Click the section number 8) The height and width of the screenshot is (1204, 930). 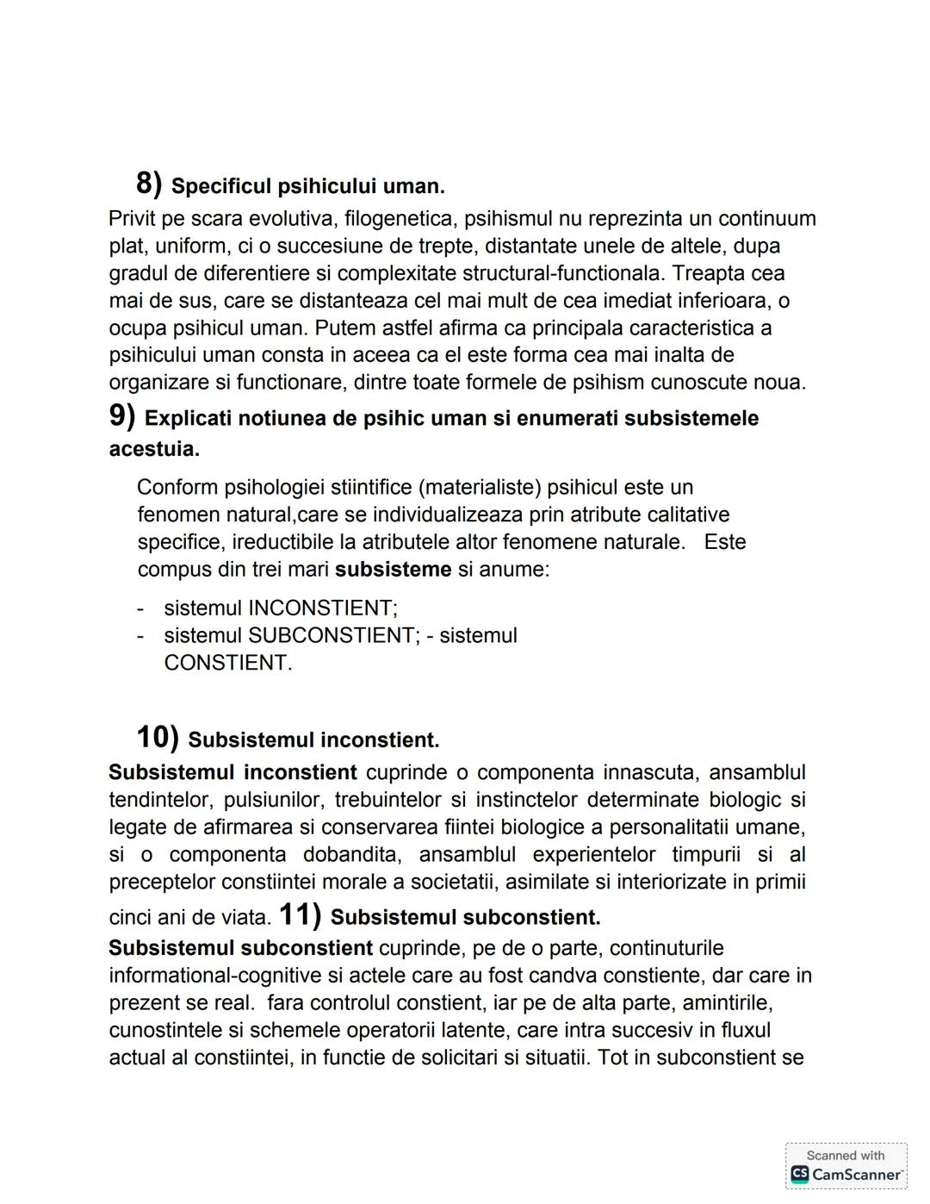149,183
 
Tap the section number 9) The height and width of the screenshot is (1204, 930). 122,416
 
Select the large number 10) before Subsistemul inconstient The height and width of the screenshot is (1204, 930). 157,738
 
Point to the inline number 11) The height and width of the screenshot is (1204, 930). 300,915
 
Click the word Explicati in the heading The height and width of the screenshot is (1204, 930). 188,419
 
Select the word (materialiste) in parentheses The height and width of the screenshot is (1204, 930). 480,488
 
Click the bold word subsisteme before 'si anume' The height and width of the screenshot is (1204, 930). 393,570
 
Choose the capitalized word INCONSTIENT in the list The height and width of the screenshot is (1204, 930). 322,608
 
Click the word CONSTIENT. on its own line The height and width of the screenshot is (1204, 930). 228,664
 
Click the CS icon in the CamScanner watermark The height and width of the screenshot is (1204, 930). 800,1174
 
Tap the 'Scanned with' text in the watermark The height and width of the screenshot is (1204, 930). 845,1156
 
